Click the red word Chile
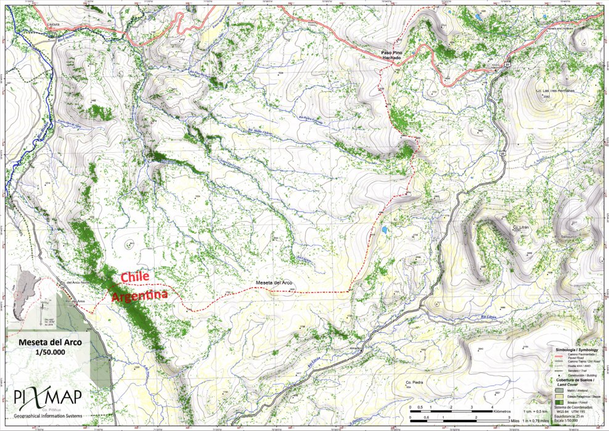pos(134,277)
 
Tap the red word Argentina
pos(140,297)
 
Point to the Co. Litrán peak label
pos(521,228)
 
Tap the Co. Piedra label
pos(414,383)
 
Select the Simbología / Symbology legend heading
pos(574,349)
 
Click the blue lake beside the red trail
pos(385,229)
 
